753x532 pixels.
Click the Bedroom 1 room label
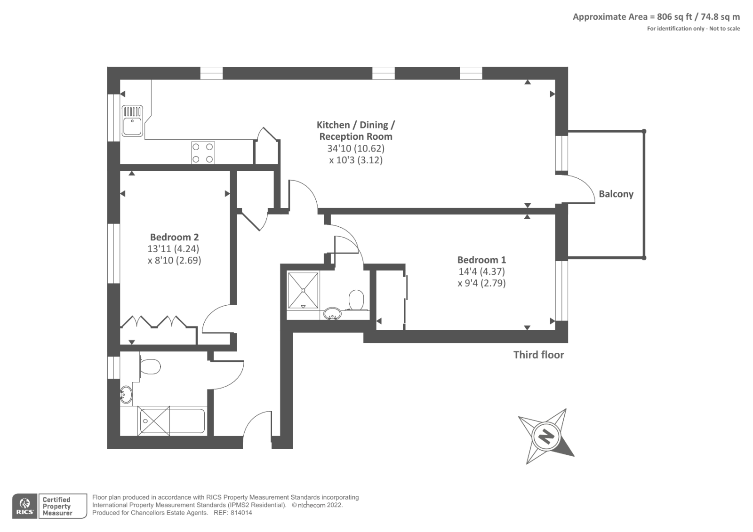click(481, 260)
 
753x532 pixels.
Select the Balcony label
click(616, 194)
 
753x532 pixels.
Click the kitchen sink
click(132, 121)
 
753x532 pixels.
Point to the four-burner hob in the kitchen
click(203, 153)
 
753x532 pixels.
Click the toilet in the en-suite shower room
click(356, 300)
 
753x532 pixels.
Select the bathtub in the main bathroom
click(172, 421)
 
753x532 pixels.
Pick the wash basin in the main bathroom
click(126, 394)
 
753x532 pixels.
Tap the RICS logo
click(25, 506)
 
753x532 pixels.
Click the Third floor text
click(538, 355)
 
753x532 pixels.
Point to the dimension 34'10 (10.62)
click(356, 148)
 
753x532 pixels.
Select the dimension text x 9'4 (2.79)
click(481, 283)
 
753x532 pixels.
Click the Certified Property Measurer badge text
click(57, 506)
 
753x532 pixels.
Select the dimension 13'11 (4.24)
click(173, 249)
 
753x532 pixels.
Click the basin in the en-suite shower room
click(332, 313)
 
